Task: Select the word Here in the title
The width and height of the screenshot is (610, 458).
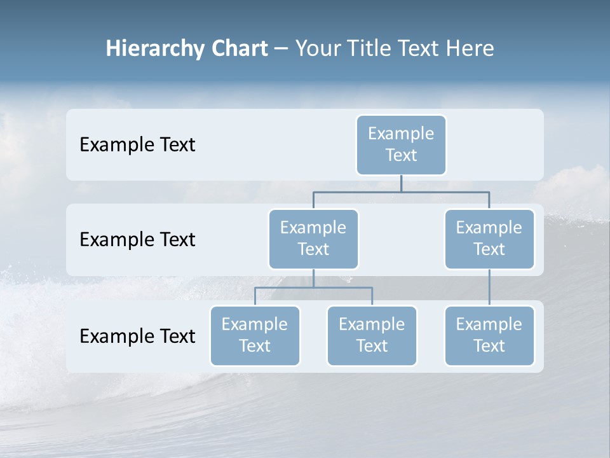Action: [471, 48]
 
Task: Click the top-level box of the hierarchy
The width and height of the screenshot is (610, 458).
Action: [401, 144]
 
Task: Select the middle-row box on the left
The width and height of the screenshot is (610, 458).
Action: [313, 239]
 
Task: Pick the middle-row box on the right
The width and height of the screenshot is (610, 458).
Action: [489, 239]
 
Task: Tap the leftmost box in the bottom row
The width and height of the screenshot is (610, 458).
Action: [255, 335]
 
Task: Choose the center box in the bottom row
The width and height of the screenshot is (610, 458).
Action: [372, 335]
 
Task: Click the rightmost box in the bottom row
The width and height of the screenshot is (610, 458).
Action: [489, 335]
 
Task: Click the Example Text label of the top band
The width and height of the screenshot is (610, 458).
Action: [137, 144]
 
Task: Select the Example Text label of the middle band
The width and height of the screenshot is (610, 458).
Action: [137, 239]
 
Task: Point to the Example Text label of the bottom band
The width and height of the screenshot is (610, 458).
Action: [137, 336]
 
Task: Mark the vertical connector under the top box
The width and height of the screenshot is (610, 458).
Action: [401, 183]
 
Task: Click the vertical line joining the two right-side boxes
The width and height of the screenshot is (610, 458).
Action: [489, 288]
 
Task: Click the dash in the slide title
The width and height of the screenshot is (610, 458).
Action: [281, 49]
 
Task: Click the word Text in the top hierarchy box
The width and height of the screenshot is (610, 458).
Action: [401, 155]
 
